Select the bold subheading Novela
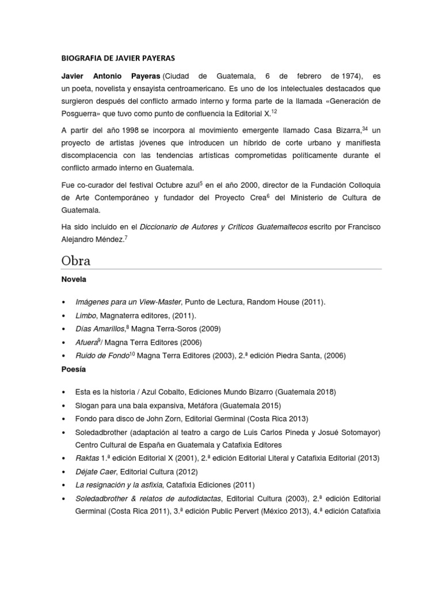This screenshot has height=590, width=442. click(x=73, y=279)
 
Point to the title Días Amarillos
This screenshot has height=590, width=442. click(x=100, y=329)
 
